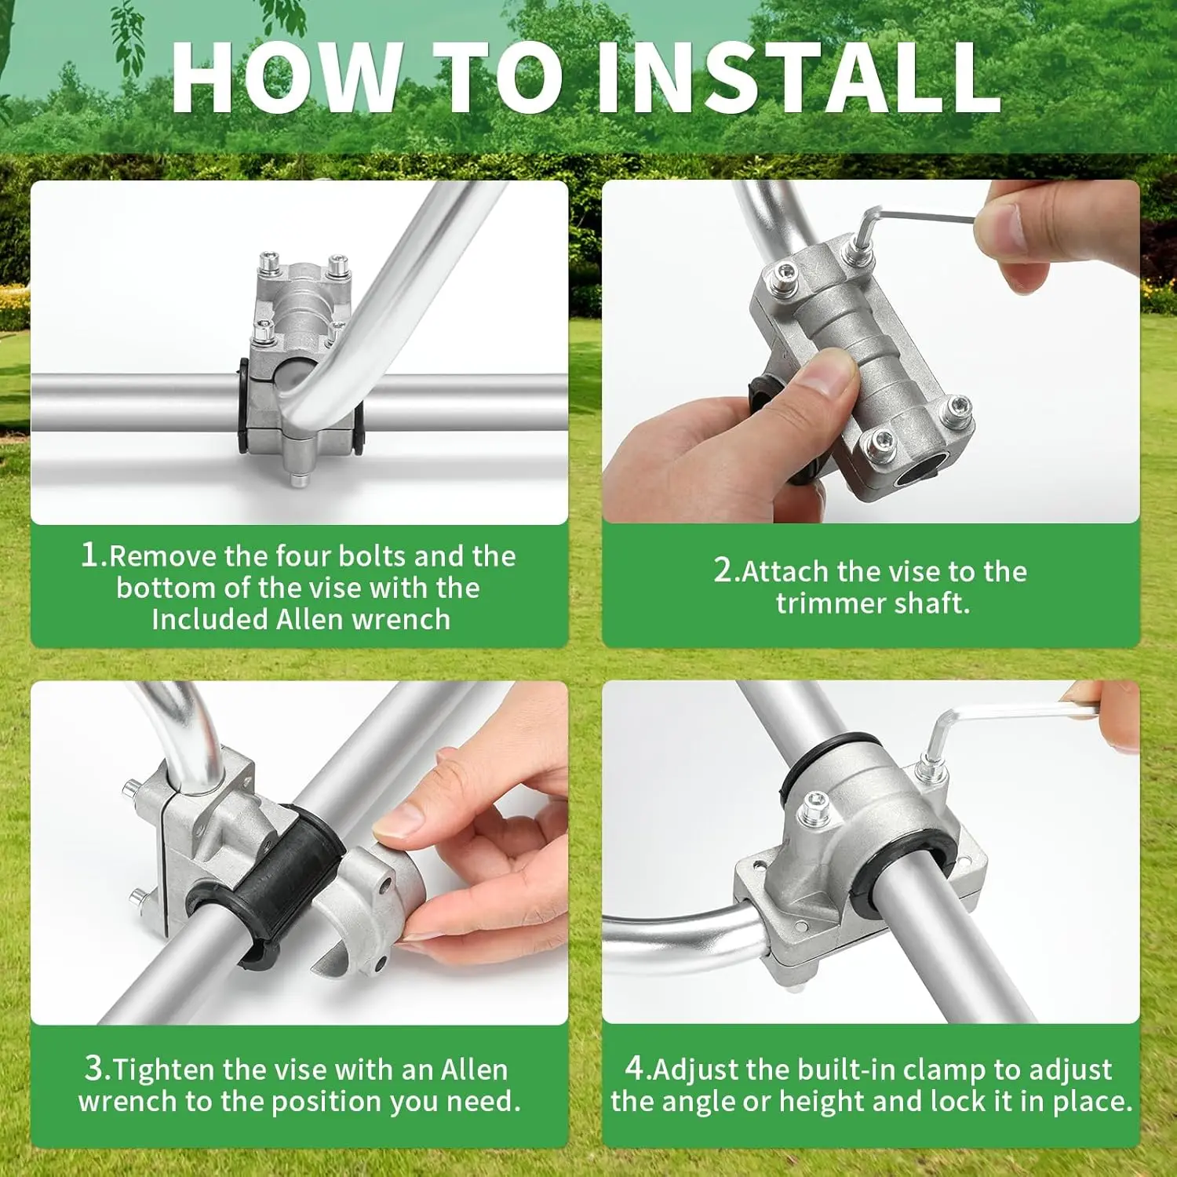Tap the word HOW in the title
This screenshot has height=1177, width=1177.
point(286,78)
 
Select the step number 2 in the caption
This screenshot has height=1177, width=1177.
point(723,570)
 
